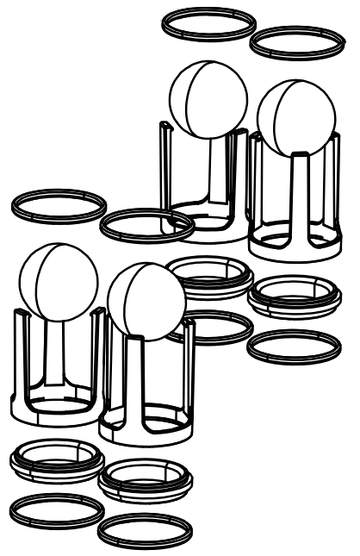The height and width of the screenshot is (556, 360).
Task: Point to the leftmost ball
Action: [53, 283]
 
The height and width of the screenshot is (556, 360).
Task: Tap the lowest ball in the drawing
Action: [146, 301]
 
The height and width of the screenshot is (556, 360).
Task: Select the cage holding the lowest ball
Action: [146, 397]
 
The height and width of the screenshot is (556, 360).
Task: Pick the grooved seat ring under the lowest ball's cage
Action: [145, 480]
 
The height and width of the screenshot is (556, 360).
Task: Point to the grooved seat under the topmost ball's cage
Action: [208, 278]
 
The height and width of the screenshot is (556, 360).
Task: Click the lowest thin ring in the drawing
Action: [145, 529]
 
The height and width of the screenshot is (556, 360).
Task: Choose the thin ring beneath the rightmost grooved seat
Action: [293, 346]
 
